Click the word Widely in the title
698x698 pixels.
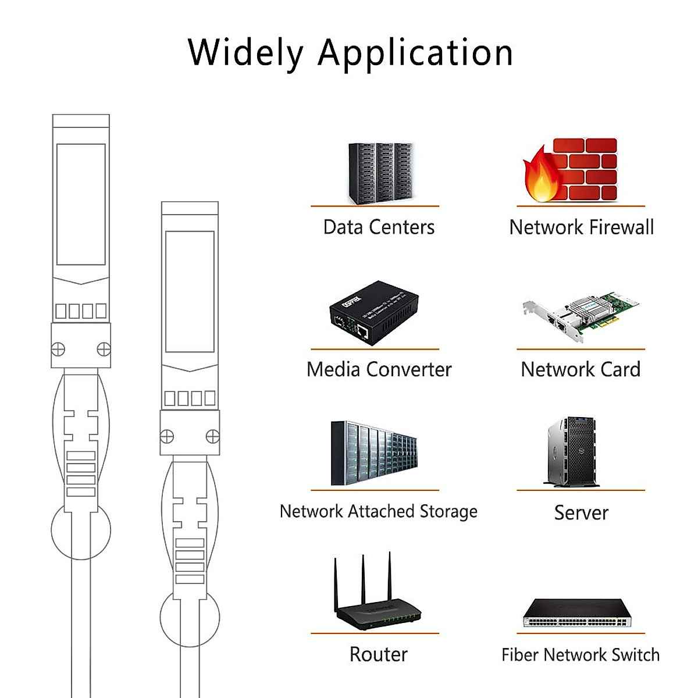pyautogui.click(x=245, y=52)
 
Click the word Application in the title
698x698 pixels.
pyautogui.click(x=415, y=54)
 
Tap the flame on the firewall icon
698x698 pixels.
pyautogui.click(x=540, y=177)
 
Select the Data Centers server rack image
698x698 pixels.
pyautogui.click(x=381, y=173)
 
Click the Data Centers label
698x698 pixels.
pyautogui.click(x=379, y=227)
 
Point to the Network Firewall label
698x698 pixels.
pyautogui.click(x=581, y=227)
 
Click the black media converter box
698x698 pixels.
pyautogui.click(x=374, y=314)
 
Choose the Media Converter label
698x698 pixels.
pyautogui.click(x=379, y=369)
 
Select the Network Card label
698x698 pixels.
pyautogui.click(x=581, y=369)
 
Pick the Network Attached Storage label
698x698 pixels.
pyautogui.click(x=379, y=511)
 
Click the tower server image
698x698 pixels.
pyautogui.click(x=571, y=452)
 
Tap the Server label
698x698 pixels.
pyautogui.click(x=581, y=512)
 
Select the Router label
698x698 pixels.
pyautogui.click(x=379, y=654)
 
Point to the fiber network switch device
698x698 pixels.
pyautogui.click(x=577, y=613)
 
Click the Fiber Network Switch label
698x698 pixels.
pyautogui.click(x=581, y=655)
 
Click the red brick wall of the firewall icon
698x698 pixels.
pyautogui.click(x=587, y=169)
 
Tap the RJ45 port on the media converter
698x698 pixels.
pyautogui.click(x=362, y=332)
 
